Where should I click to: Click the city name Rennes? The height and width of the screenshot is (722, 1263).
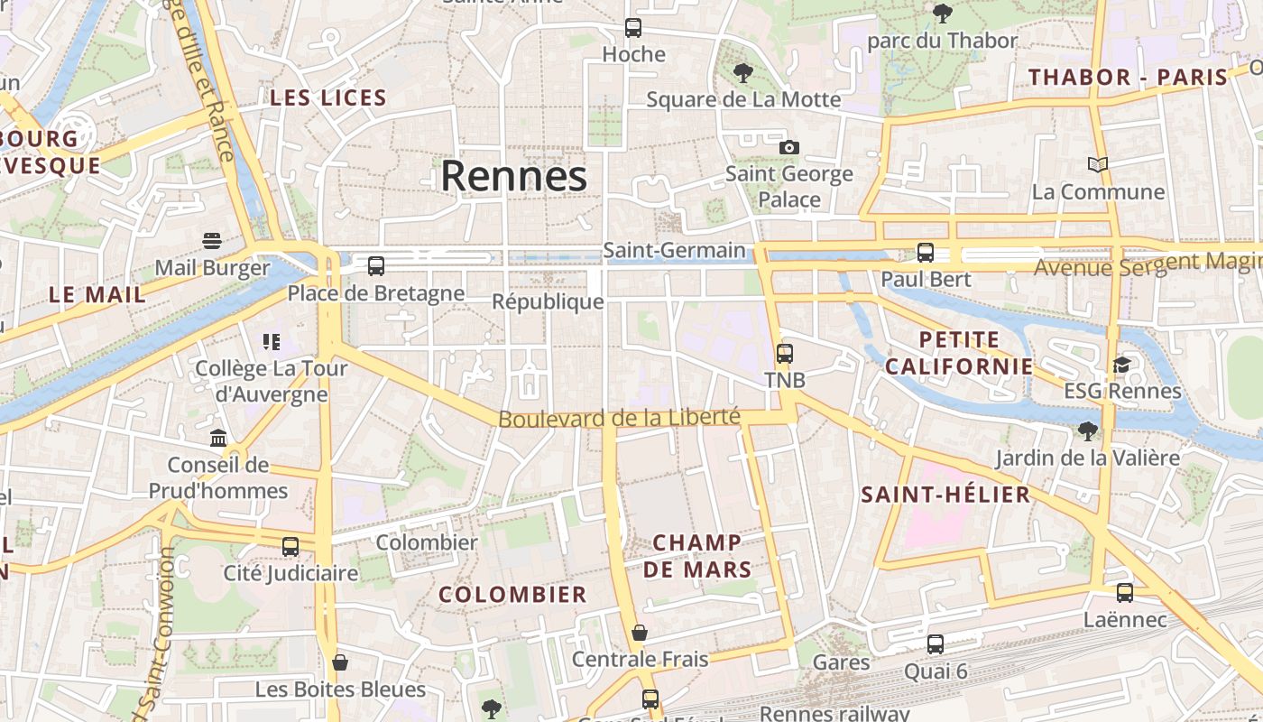tap(513, 176)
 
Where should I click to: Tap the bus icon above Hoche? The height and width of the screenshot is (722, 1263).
tap(633, 28)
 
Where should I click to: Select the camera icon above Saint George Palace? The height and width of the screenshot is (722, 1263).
tap(789, 147)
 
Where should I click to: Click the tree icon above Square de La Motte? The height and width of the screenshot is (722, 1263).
tap(743, 72)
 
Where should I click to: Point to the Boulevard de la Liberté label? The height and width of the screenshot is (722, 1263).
tap(619, 419)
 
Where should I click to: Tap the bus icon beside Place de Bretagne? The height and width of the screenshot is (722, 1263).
tap(376, 266)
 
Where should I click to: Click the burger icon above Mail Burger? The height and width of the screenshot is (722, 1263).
tap(212, 240)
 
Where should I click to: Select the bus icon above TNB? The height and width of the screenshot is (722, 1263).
tap(785, 353)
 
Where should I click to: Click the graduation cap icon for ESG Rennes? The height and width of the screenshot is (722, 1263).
tap(1121, 365)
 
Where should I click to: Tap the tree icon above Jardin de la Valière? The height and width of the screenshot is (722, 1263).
tap(1088, 430)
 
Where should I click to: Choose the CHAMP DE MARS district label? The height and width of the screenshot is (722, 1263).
tap(696, 556)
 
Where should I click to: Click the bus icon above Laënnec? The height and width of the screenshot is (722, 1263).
tap(1125, 593)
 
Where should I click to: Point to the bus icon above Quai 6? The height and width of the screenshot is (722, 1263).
tap(936, 644)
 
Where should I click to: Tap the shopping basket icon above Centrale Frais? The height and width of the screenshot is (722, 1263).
tap(640, 633)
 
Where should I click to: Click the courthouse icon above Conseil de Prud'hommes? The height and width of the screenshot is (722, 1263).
tap(218, 439)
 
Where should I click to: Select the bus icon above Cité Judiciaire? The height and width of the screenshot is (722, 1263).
tap(290, 547)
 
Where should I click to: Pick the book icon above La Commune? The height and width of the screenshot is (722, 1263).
tap(1098, 164)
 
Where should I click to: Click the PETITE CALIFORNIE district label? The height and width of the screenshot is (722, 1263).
tap(959, 353)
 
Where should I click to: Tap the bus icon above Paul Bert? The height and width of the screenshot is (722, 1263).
tap(926, 253)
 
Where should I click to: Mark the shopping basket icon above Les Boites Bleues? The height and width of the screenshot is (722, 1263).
tap(340, 662)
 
